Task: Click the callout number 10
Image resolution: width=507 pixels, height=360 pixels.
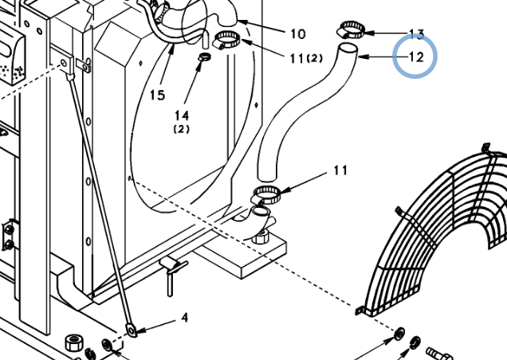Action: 298,34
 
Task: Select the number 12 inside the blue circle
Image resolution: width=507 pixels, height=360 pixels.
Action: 416,57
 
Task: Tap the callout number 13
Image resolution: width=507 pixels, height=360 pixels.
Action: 416,34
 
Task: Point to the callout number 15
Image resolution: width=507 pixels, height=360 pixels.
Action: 158,95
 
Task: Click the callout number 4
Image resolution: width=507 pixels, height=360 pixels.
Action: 185,318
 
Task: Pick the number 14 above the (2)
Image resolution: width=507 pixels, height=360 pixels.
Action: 182,115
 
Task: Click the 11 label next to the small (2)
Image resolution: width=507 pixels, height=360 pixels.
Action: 297,59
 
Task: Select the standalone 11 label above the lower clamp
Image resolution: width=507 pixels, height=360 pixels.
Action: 340,170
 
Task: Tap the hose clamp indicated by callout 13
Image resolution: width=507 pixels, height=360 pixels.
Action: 351,29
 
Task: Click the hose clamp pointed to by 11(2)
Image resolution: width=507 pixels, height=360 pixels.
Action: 227,40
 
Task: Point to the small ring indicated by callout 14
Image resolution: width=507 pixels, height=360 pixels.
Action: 204,57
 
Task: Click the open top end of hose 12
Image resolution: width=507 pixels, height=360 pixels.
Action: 348,49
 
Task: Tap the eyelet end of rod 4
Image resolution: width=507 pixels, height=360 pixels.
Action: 132,331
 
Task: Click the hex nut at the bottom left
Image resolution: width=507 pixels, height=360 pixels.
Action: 74,342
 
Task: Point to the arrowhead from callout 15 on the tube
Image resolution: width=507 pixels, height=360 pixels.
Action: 173,49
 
